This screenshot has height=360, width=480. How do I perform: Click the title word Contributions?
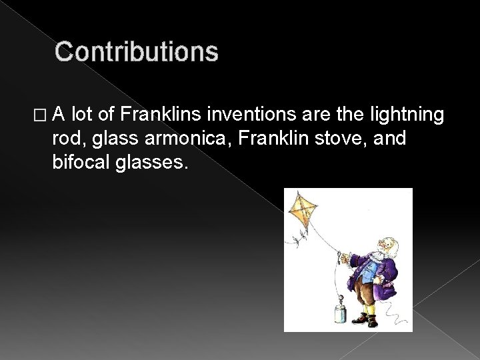tap(136, 52)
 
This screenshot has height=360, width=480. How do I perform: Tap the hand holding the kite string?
tap(341, 254)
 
